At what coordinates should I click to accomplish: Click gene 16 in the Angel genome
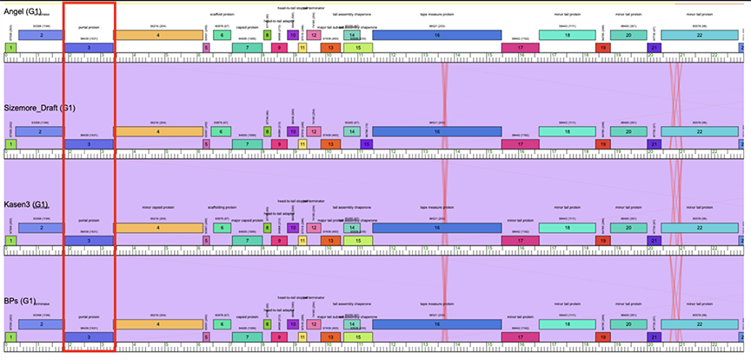(x=437, y=35)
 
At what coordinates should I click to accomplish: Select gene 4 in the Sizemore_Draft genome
(x=157, y=131)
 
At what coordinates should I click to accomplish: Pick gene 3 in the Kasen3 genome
(x=89, y=240)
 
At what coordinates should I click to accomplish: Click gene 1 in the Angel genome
(x=10, y=47)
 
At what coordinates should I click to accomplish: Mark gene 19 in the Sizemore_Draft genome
(x=602, y=143)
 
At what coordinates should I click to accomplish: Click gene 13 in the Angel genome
(x=330, y=47)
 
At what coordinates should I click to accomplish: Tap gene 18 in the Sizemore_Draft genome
(x=568, y=131)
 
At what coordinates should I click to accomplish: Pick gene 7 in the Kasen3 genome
(x=247, y=240)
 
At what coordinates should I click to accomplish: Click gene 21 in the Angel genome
(x=654, y=47)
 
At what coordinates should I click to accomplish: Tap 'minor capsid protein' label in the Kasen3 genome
(x=157, y=209)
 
